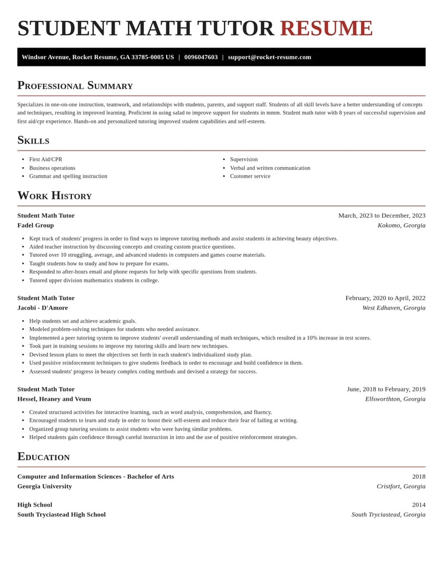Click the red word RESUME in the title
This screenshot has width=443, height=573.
coord(326,29)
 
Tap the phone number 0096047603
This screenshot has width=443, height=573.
coord(201,57)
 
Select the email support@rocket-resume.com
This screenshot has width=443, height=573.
coord(269,57)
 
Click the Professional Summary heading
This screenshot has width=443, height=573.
coord(75,86)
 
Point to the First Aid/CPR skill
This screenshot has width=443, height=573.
coord(45,159)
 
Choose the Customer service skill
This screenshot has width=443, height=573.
coord(250,176)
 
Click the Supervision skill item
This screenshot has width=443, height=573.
coord(244,159)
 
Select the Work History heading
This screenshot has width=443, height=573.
coord(54,196)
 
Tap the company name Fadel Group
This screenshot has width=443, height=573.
coord(35,225)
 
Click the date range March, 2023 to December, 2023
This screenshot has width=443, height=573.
coord(382,215)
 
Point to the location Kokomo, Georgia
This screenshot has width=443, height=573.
coord(401,225)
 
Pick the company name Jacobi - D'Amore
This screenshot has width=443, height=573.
coord(43,308)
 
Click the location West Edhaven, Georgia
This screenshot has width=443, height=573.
coord(394,308)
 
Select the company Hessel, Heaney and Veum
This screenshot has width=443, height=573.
coord(54,399)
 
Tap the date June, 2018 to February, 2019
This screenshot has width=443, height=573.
coord(386,389)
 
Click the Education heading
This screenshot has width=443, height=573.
coord(43,457)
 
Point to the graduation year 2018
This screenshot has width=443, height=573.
coord(419,477)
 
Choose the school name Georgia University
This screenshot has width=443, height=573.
coord(44,487)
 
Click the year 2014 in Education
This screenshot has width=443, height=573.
coord(419,505)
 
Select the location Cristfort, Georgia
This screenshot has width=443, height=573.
coord(401,487)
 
